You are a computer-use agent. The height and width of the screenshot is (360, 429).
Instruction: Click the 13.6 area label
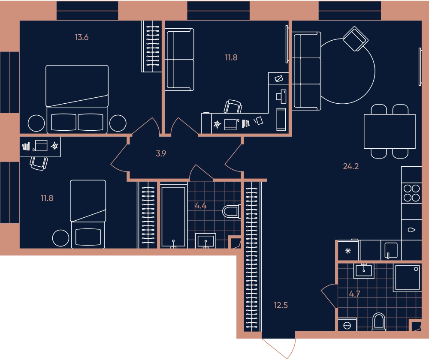[x=82, y=37]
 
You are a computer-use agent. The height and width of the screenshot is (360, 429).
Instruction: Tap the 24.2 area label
[x=351, y=166]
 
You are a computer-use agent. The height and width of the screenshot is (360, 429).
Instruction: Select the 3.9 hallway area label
[x=161, y=153]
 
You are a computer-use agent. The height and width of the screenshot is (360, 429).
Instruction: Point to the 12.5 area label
[x=281, y=305]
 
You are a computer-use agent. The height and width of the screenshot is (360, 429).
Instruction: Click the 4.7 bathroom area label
[x=355, y=294]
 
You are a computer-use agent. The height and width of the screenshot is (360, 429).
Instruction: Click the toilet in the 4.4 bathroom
[x=232, y=211]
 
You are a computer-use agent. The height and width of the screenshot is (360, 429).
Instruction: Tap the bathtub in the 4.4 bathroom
[x=173, y=216]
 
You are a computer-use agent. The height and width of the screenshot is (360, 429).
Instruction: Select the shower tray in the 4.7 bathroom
[x=407, y=277]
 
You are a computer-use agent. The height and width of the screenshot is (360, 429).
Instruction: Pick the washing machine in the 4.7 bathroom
[x=347, y=325]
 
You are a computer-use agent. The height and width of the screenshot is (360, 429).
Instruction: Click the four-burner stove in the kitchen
[x=411, y=193]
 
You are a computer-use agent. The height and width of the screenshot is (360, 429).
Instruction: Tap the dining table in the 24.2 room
[x=390, y=131]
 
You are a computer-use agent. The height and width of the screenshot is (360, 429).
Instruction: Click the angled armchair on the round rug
[x=356, y=39]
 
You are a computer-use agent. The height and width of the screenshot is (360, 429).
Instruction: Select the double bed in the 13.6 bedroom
[x=77, y=99]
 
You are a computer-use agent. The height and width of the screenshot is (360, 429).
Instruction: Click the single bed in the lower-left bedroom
[x=88, y=214]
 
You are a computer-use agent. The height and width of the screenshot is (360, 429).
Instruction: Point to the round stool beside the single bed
[x=61, y=238]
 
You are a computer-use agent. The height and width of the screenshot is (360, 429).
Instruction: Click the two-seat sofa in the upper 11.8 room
[x=179, y=60]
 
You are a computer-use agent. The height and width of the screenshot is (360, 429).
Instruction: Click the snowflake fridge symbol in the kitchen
[x=348, y=251]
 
